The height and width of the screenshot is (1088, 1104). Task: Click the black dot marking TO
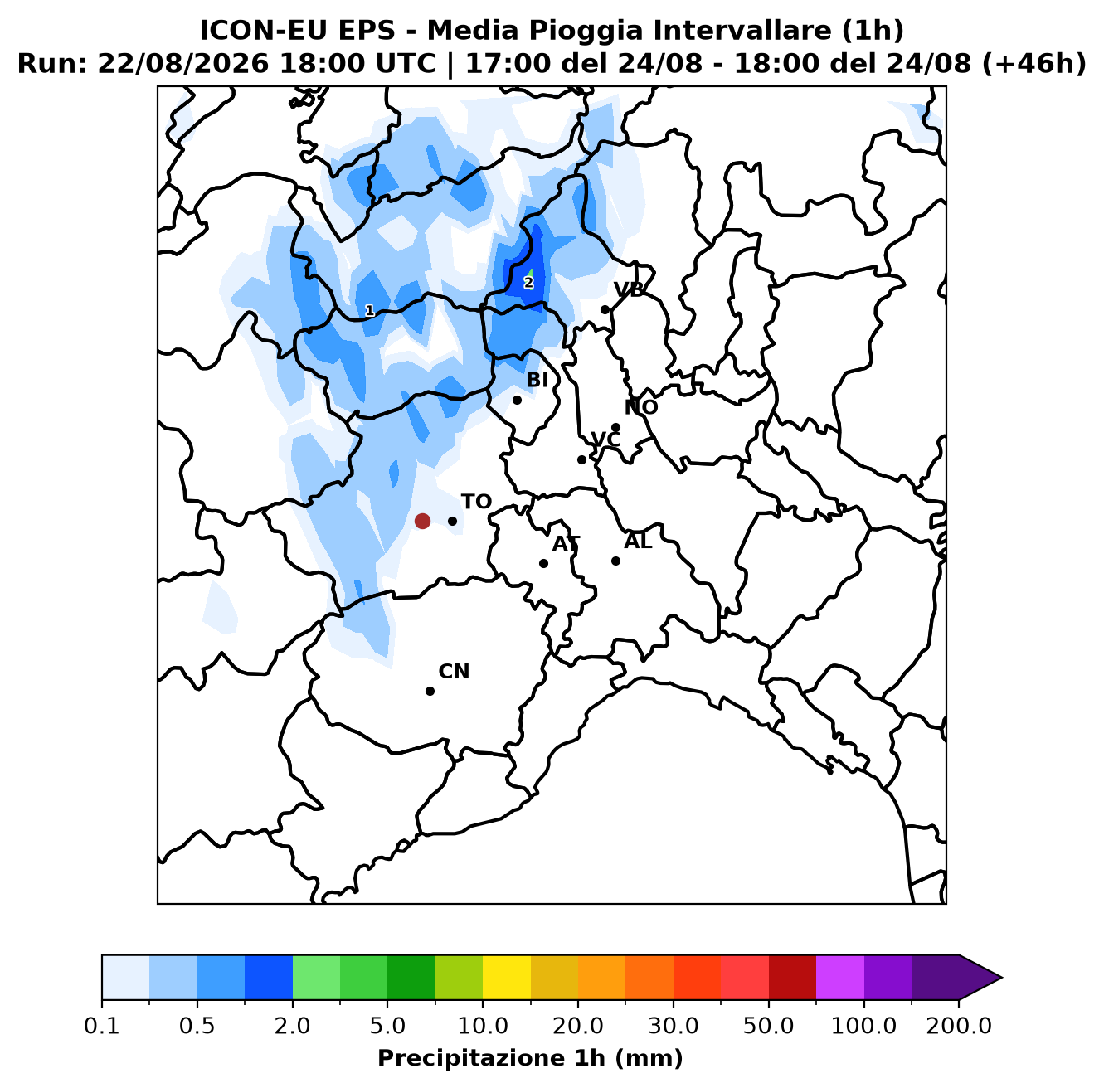click(x=453, y=522)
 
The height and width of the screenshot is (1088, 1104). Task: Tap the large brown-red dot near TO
click(x=423, y=522)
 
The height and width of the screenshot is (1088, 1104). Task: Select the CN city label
click(x=455, y=672)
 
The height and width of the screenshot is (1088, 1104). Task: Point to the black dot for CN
click(x=430, y=692)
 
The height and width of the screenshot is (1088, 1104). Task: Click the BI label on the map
click(x=537, y=380)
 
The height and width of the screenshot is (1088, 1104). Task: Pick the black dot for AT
click(x=543, y=564)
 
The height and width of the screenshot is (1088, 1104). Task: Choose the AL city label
click(x=638, y=542)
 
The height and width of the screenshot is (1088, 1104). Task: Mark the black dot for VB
click(x=605, y=310)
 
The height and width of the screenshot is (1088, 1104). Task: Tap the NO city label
click(x=641, y=407)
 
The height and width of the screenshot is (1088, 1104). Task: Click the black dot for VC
click(x=582, y=460)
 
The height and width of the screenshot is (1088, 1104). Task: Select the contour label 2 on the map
click(x=528, y=283)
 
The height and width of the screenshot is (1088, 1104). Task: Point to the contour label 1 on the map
click(x=370, y=311)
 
